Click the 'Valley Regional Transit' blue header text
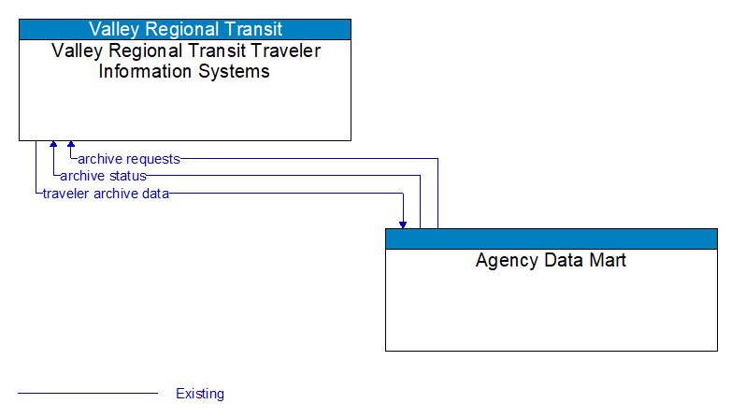click(185, 29)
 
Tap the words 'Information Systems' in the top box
click(184, 71)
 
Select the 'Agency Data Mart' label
click(551, 260)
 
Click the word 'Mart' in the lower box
click(608, 260)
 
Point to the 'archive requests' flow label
click(129, 159)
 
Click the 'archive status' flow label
click(103, 176)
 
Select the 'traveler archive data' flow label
click(106, 194)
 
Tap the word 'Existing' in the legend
click(200, 394)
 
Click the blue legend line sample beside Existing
click(88, 394)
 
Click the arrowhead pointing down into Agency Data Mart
click(403, 223)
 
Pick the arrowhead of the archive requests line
click(71, 146)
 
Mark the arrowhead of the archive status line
click(53, 146)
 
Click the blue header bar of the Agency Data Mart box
click(551, 238)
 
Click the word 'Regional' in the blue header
click(186, 29)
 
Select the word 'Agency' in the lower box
click(506, 260)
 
